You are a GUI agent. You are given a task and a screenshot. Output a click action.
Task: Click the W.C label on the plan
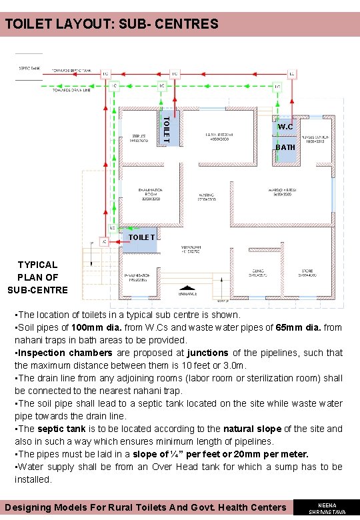pyautogui.click(x=285, y=127)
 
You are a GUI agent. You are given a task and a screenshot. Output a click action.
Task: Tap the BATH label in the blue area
pyautogui.click(x=285, y=147)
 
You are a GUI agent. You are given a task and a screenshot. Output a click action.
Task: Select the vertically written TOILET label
pyautogui.click(x=167, y=129)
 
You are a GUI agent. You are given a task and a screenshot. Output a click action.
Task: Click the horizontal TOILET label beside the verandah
pyautogui.click(x=141, y=237)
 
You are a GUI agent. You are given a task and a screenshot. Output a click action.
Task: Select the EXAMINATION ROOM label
pyautogui.click(x=147, y=195)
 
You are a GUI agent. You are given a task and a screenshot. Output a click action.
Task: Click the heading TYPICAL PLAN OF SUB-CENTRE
pyautogui.click(x=37, y=277)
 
